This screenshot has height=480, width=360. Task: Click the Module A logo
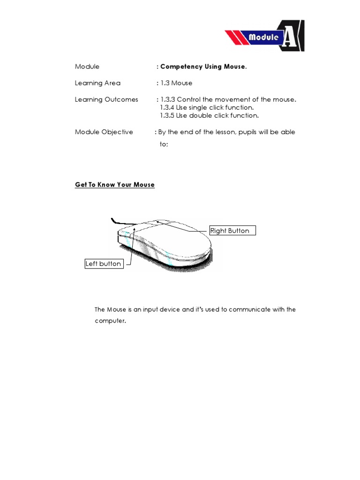tap(265, 36)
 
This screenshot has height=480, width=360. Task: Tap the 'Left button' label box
tap(103, 264)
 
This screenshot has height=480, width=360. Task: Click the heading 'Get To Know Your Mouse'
tap(115, 185)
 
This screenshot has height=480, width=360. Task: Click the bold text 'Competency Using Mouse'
tap(202, 67)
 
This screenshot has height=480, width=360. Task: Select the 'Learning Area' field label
tap(97, 83)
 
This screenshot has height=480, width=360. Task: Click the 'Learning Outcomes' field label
tap(106, 99)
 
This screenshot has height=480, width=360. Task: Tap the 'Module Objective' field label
tap(104, 132)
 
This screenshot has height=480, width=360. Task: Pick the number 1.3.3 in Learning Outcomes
tap(168, 99)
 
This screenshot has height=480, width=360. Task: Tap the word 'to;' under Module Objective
tap(164, 144)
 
